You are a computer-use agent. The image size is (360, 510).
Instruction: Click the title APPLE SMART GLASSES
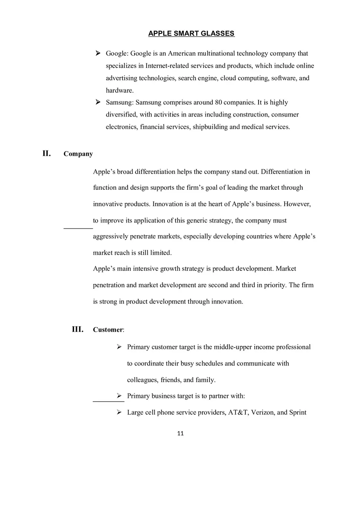191,34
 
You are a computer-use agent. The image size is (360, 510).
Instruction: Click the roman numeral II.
47,153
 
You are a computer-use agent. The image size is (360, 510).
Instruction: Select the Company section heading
78,154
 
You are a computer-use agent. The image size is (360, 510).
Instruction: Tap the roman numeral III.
78,329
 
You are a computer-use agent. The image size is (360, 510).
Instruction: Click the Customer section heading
108,330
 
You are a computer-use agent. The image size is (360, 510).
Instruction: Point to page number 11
180,434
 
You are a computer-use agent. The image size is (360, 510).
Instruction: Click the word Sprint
298,412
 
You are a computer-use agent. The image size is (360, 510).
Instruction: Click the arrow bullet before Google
98,53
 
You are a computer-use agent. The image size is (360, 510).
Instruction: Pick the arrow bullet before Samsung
98,102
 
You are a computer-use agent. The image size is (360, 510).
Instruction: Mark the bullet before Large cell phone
119,412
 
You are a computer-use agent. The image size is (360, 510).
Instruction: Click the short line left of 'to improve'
78,228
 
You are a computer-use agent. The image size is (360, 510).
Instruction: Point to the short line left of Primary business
108,401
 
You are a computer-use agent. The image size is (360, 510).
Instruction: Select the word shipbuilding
210,127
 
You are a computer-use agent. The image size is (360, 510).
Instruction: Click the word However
297,204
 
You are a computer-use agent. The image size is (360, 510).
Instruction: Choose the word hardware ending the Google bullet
119,90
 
